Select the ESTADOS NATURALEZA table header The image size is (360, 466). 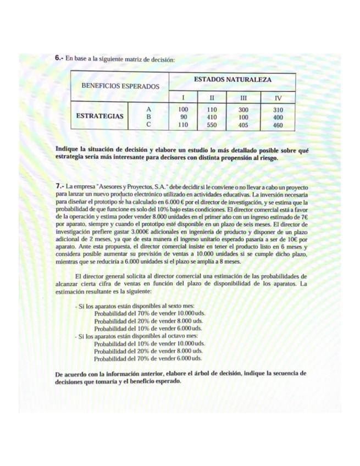pyautogui.click(x=232, y=80)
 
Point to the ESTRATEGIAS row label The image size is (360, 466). pyautogui.click(x=99, y=116)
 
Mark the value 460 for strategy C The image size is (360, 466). pyautogui.click(x=278, y=125)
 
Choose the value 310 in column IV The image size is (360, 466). pyautogui.click(x=278, y=109)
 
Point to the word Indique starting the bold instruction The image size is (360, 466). pyautogui.click(x=67, y=149)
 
